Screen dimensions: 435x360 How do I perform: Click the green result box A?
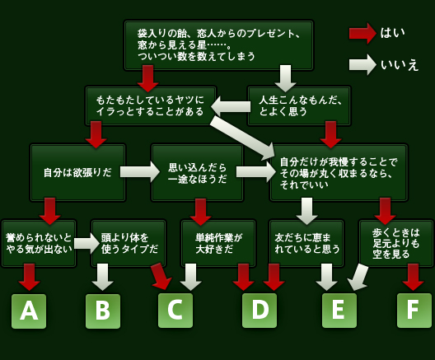(29, 311)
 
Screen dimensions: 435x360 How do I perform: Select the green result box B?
(103, 311)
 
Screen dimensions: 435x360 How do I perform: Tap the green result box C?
(175, 311)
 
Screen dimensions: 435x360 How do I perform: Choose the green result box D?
(260, 311)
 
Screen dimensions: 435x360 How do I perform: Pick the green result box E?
(339, 311)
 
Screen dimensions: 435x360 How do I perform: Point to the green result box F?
(414, 311)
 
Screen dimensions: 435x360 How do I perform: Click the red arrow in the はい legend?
(362, 34)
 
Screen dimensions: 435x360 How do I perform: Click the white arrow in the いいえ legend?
(362, 64)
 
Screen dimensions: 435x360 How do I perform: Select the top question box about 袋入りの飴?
(218, 45)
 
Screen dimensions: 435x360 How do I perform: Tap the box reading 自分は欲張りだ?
(77, 172)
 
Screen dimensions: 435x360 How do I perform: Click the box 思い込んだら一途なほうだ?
(197, 172)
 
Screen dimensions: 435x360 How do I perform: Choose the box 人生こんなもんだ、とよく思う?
(299, 105)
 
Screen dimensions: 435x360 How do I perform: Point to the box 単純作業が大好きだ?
(218, 243)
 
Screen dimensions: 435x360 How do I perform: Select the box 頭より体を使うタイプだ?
(129, 243)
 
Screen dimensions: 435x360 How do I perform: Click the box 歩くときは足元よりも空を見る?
(397, 242)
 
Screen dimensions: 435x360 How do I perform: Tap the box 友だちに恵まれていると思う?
(306, 243)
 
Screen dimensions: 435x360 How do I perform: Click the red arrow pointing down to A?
(30, 277)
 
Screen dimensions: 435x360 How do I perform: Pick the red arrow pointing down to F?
(413, 277)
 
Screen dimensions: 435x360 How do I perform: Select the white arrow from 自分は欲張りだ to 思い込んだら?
(140, 172)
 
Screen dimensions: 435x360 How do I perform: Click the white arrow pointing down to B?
(103, 277)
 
